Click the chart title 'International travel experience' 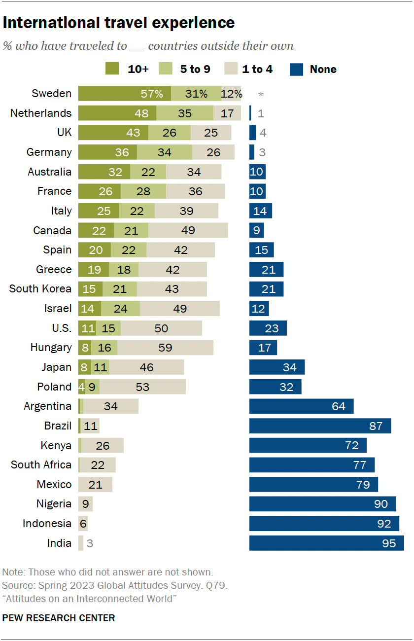118,23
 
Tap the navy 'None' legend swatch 296,69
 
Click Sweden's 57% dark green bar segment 124,94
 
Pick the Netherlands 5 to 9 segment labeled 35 185,113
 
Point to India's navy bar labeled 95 326,543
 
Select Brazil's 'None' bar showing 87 320,426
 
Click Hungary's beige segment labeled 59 165,348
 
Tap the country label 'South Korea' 40,289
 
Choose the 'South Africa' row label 41,465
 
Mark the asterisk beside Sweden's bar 261,94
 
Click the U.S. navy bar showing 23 268,328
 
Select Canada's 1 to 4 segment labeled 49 188,230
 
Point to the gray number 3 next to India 90,544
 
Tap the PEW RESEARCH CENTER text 59,618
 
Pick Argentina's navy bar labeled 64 301,406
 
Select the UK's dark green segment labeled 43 113,133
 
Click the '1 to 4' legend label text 257,69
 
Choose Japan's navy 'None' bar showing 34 276,367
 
